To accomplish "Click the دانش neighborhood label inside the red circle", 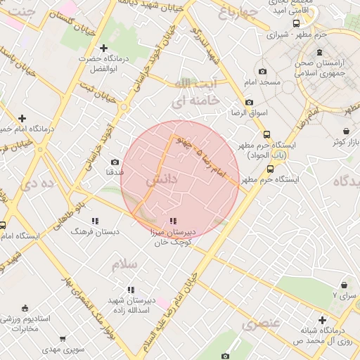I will click(x=161, y=181).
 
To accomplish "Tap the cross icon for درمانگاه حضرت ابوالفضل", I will click(x=103, y=49).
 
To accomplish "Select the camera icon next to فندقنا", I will click(x=115, y=162).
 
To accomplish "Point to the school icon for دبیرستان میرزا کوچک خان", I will click(x=173, y=221).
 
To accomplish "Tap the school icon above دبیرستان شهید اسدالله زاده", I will click(x=130, y=290).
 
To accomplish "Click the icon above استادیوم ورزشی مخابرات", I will click(x=25, y=308).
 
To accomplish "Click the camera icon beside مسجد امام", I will click(x=263, y=71).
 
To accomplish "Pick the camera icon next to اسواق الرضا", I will click(x=249, y=102).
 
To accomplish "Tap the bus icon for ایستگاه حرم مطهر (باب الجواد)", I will click(x=266, y=134).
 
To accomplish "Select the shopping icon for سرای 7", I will click(x=344, y=285).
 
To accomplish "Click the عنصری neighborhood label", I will click(x=261, y=324).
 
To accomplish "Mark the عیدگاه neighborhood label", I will click(x=340, y=181).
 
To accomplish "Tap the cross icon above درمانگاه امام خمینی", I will click(x=22, y=118).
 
